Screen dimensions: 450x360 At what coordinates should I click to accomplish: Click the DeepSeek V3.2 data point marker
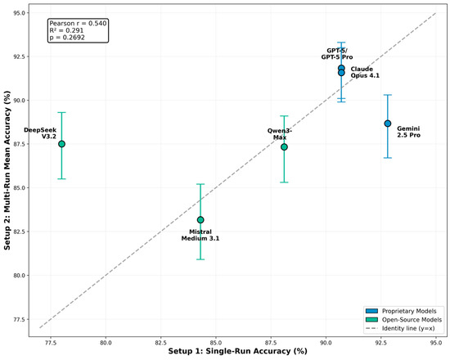(x=61, y=144)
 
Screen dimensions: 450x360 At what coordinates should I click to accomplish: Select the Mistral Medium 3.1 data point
(x=200, y=220)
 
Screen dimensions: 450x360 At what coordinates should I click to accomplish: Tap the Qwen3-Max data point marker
(x=284, y=147)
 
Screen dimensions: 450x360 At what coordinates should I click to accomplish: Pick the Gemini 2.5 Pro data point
(x=388, y=124)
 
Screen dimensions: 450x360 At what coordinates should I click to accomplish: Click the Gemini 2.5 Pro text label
(x=408, y=132)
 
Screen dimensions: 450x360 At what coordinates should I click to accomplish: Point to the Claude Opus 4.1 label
(x=365, y=72)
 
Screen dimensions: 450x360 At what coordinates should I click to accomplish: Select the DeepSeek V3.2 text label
(x=40, y=133)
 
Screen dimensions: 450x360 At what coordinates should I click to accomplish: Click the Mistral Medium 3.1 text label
(x=200, y=235)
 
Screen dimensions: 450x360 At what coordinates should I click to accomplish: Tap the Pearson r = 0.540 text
(x=78, y=23)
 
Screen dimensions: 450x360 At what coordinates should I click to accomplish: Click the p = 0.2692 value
(x=67, y=38)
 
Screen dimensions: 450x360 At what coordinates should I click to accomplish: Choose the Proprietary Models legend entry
(x=401, y=311)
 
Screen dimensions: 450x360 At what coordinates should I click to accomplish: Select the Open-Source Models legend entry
(x=404, y=320)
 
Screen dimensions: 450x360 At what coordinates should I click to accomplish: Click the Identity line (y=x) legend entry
(x=400, y=328)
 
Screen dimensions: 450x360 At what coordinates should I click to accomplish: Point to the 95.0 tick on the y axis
(x=20, y=13)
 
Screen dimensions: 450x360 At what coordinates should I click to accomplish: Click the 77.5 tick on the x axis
(x=51, y=343)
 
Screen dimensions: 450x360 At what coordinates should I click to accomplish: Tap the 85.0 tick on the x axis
(x=215, y=343)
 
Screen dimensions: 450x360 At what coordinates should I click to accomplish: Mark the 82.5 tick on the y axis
(x=20, y=232)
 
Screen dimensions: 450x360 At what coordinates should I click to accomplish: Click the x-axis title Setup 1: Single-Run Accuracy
(x=237, y=351)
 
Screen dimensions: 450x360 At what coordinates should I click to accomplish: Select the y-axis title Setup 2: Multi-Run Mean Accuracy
(x=7, y=170)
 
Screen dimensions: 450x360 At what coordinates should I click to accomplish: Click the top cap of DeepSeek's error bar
(x=61, y=113)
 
